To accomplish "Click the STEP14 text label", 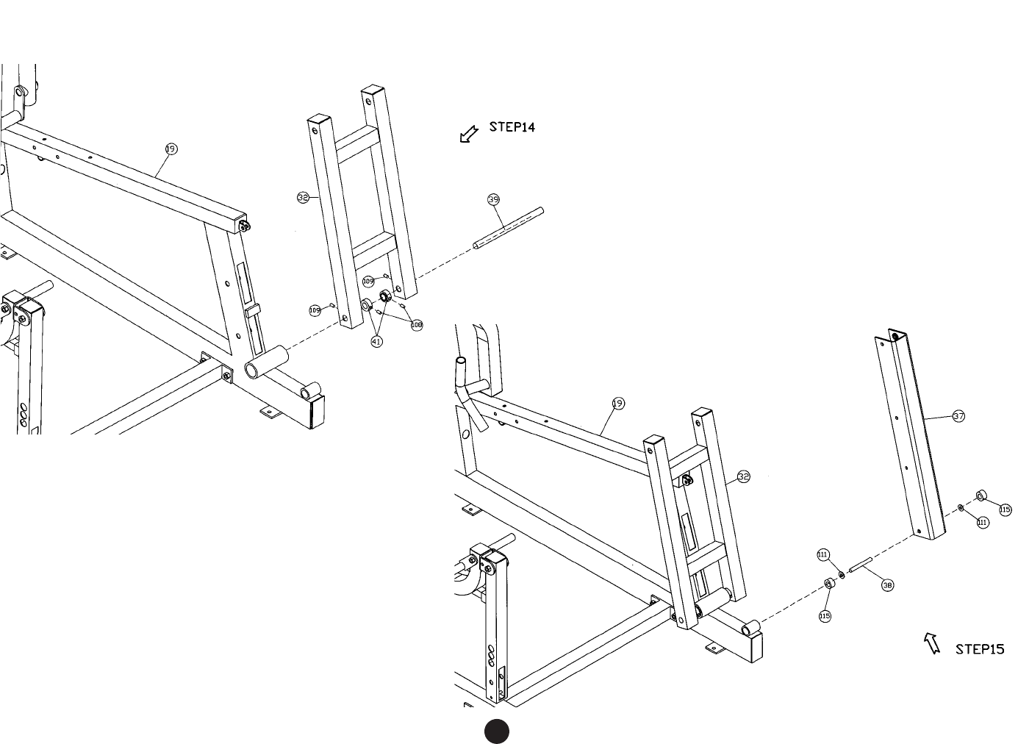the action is click(512, 127).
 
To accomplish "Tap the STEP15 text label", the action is click(979, 649).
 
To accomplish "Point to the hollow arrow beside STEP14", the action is click(467, 134).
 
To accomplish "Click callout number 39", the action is click(493, 199).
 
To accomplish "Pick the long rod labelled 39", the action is click(509, 229).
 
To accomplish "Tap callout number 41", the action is click(376, 341).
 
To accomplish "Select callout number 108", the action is click(417, 325).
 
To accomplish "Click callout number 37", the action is click(958, 416).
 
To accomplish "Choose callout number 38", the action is click(887, 585).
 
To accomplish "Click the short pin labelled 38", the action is click(859, 567).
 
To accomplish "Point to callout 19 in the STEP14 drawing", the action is click(171, 149).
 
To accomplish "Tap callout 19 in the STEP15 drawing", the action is click(618, 403).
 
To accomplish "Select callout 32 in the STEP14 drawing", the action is click(303, 197).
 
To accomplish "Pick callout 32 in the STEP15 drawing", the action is click(743, 477).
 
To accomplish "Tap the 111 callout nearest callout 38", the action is click(823, 554).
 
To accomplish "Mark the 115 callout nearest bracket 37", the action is click(1005, 509).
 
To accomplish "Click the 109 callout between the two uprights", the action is click(368, 281).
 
